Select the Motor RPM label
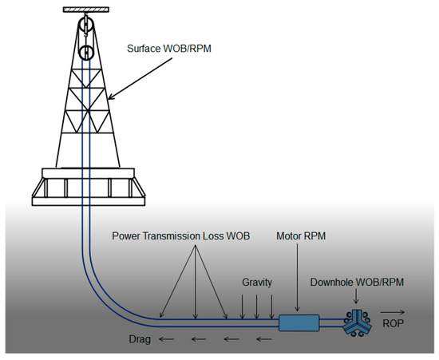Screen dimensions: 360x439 [x=300, y=236]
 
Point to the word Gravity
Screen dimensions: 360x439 [x=257, y=283]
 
